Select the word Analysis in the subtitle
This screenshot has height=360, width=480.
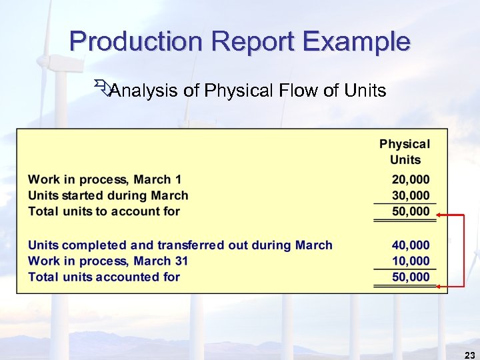pyautogui.click(x=143, y=91)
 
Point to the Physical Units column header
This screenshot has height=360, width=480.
pyautogui.click(x=405, y=151)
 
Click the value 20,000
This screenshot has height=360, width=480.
pyautogui.click(x=411, y=179)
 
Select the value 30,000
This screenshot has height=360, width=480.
pyautogui.click(x=411, y=195)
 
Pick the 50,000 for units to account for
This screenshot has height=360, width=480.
pyautogui.click(x=411, y=211)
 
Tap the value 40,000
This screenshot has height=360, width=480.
pyautogui.click(x=411, y=245)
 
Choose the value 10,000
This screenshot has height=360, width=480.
pyautogui.click(x=411, y=261)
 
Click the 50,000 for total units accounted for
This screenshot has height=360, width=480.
pyautogui.click(x=411, y=277)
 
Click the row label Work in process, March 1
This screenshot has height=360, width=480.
pyautogui.click(x=105, y=179)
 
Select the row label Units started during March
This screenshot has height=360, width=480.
pyautogui.click(x=108, y=195)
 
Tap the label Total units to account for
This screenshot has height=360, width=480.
pyautogui.click(x=104, y=211)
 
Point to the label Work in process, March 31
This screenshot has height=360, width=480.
pyautogui.click(x=108, y=261)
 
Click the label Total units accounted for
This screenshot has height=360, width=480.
pyautogui.click(x=104, y=277)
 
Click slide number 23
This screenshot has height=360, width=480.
pyautogui.click(x=468, y=355)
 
